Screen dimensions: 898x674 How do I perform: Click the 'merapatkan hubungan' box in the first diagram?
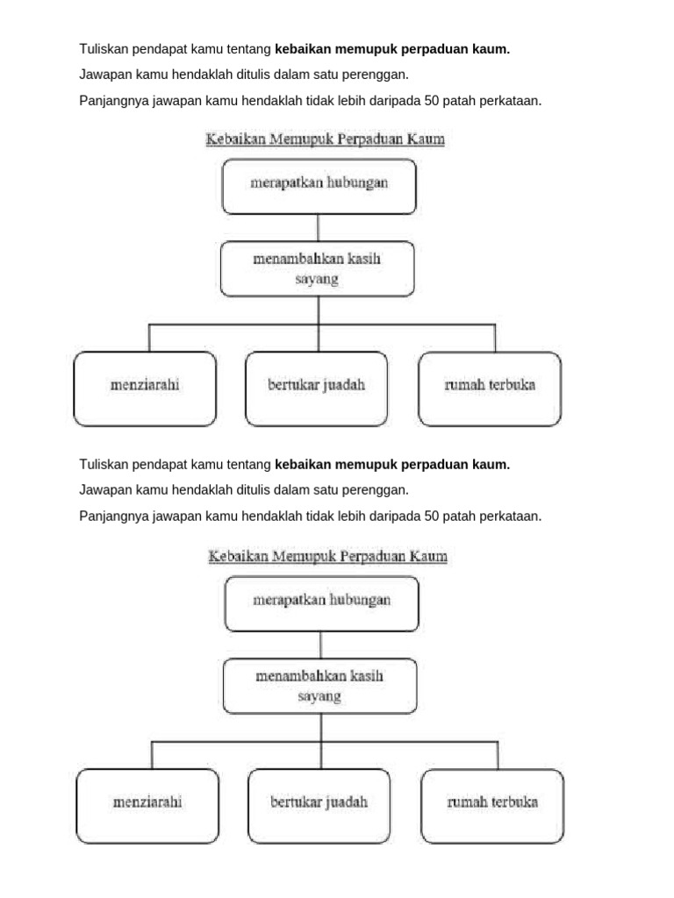click(319, 186)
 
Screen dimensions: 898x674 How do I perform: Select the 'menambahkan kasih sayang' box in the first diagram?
click(317, 268)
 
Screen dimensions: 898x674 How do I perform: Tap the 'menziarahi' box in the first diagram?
click(145, 388)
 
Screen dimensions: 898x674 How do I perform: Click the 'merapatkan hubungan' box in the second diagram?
click(321, 603)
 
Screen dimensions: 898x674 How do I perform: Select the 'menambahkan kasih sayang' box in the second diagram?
click(319, 686)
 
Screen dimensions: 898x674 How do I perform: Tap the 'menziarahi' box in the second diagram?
click(147, 805)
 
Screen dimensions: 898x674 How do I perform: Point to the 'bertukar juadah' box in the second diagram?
click(319, 805)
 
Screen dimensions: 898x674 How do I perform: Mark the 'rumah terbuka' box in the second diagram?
click(492, 805)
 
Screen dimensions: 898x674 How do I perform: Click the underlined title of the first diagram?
click(325, 139)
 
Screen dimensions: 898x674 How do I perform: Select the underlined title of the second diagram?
click(327, 557)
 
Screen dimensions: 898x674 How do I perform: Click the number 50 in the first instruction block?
click(431, 101)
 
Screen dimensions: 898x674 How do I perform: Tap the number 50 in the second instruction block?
click(431, 516)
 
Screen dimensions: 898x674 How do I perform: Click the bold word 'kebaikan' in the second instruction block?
click(302, 464)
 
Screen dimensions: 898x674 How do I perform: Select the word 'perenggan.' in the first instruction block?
click(377, 75)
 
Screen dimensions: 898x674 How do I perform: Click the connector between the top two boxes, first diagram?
click(318, 228)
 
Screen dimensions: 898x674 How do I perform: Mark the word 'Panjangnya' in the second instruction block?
click(111, 516)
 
